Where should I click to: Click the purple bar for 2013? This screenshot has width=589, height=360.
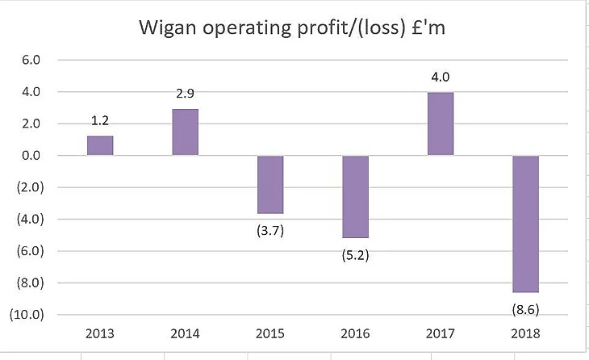pos(100,145)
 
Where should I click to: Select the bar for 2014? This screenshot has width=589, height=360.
pos(185,132)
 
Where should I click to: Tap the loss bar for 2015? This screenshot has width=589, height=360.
pos(270,184)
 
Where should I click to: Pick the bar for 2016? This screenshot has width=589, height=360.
pos(355,196)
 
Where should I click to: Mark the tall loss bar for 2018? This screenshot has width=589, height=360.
pos(525,224)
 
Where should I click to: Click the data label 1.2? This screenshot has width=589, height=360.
pos(100,120)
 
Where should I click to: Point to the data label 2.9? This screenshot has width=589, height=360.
pos(186,94)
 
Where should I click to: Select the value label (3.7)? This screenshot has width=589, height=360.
pos(270,230)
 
